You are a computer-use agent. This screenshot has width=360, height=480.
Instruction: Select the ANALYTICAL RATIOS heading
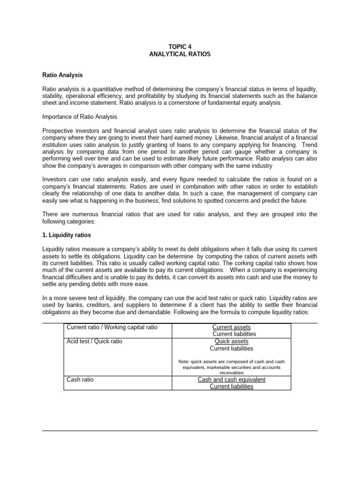click(x=180, y=54)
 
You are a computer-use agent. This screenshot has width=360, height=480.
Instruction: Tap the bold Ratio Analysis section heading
click(x=62, y=75)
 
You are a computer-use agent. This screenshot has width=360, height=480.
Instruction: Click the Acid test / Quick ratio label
click(x=95, y=341)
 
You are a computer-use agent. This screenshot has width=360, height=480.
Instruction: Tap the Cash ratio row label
click(x=80, y=379)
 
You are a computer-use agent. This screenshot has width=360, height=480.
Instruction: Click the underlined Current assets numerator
click(x=231, y=327)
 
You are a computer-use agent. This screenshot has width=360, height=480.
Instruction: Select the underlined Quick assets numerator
click(x=231, y=341)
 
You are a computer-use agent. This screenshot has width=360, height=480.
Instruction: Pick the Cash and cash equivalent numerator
click(x=231, y=379)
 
